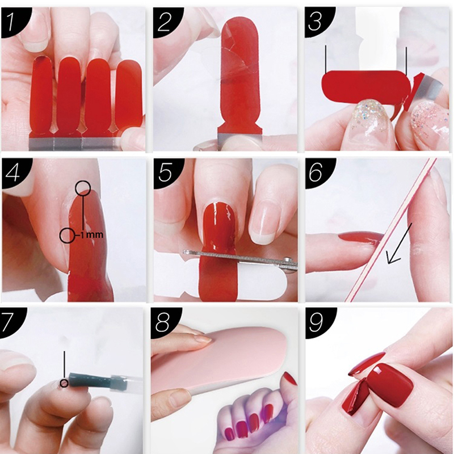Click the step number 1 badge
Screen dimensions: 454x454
[13, 20]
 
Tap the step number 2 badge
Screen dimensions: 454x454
[166, 20]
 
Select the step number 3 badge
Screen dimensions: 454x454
[317, 20]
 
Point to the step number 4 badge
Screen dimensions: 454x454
[14, 172]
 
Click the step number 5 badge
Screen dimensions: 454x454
[166, 172]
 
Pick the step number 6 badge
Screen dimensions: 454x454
[318, 172]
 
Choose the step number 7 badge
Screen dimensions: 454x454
[11, 321]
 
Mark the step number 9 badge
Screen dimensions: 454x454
[318, 321]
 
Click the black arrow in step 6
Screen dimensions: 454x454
[400, 243]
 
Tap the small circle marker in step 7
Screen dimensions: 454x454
[64, 384]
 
